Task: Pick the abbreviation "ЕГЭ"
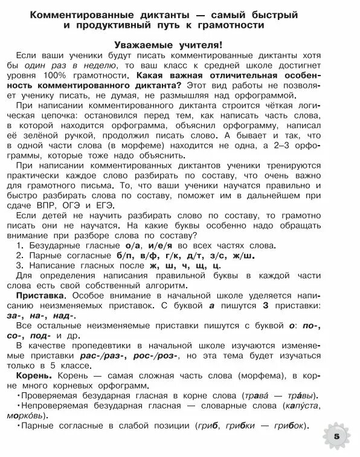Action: (x=118, y=206)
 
